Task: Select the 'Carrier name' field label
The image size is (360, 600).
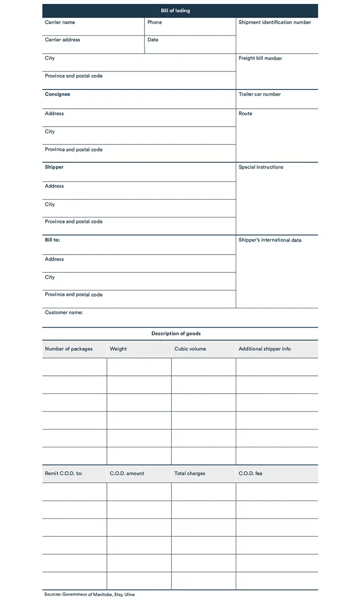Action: [x=60, y=22]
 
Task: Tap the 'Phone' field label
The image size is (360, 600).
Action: [x=155, y=22]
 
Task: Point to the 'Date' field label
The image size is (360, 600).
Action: [x=153, y=40]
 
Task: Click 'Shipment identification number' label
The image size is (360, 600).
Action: [x=274, y=22]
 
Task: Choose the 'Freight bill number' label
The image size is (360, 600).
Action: [x=260, y=58]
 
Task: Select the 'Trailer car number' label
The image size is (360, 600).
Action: [x=259, y=94]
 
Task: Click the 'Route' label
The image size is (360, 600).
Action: [x=245, y=114]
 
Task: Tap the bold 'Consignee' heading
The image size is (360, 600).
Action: [x=58, y=94]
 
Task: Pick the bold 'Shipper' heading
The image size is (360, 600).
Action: [x=54, y=167]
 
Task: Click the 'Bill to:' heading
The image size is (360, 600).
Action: [x=52, y=240]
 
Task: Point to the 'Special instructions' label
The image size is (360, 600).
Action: [x=261, y=167]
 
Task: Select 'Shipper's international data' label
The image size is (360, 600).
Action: [x=270, y=240]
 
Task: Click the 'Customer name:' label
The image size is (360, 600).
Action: [x=64, y=313]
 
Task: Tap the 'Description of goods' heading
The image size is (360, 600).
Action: [x=176, y=333]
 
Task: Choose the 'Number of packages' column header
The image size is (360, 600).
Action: [x=69, y=349]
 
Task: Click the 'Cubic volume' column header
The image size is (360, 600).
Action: [x=190, y=349]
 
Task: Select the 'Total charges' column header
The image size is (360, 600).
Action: [x=189, y=473]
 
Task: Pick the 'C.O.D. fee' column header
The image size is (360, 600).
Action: [x=250, y=473]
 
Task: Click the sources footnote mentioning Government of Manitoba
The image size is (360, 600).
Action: [x=89, y=594]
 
